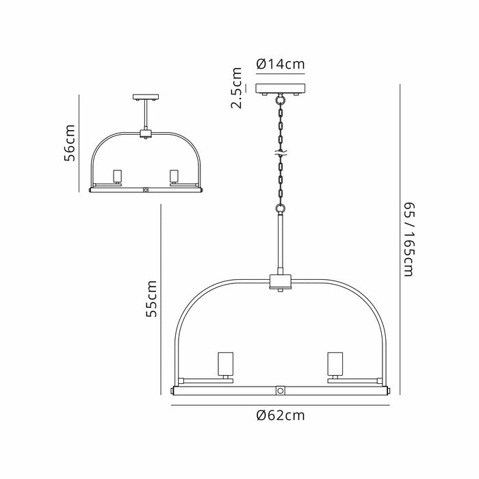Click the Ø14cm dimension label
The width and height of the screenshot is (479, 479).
(x=281, y=64)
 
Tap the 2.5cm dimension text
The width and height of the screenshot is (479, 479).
(x=237, y=88)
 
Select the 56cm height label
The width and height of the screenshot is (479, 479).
(x=69, y=142)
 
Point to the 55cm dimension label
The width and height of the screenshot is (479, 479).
(x=151, y=298)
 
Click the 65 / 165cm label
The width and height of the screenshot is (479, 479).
(x=409, y=239)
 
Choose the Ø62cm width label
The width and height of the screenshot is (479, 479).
(x=281, y=415)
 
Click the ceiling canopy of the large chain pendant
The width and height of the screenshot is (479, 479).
(x=281, y=88)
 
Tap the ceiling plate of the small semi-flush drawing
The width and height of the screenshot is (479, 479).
(x=146, y=97)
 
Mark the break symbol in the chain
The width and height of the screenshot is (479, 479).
(x=281, y=153)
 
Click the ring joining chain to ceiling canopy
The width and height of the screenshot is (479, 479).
(x=280, y=100)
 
